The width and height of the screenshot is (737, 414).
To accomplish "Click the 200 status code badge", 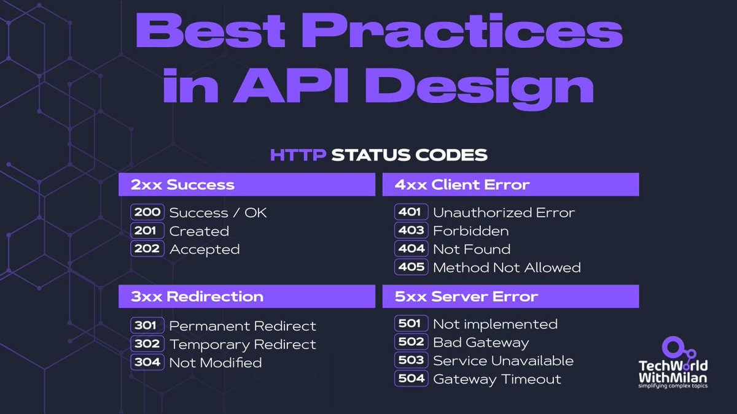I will tap(147, 213).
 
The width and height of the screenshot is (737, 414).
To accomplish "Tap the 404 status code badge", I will tap(411, 249).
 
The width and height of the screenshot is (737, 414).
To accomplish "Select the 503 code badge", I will tap(411, 361).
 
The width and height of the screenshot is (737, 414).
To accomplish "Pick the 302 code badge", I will tap(147, 344).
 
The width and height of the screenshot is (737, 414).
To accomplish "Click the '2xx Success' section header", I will tap(246, 184).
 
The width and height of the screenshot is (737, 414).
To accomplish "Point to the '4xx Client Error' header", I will tap(510, 184).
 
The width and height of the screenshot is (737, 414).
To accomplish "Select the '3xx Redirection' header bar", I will tap(246, 297).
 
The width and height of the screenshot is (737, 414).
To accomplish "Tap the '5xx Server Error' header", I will tap(510, 297).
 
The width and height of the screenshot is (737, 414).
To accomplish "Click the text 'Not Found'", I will tap(471, 250).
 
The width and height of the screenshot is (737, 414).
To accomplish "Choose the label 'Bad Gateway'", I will tap(480, 342).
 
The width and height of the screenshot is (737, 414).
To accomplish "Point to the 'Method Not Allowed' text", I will tap(507, 268).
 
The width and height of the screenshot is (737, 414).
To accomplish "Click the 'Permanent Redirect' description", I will tap(243, 326).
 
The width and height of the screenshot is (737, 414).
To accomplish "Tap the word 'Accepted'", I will tap(205, 250).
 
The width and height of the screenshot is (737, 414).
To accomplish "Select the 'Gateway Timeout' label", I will tap(497, 379).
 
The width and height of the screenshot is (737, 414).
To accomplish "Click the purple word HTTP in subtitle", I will tap(297, 155).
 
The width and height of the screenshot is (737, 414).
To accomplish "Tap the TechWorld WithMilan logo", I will tap(672, 361).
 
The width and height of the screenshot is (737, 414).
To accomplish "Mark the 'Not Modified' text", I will tap(216, 362).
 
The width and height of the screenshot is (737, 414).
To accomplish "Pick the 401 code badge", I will tap(411, 213).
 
